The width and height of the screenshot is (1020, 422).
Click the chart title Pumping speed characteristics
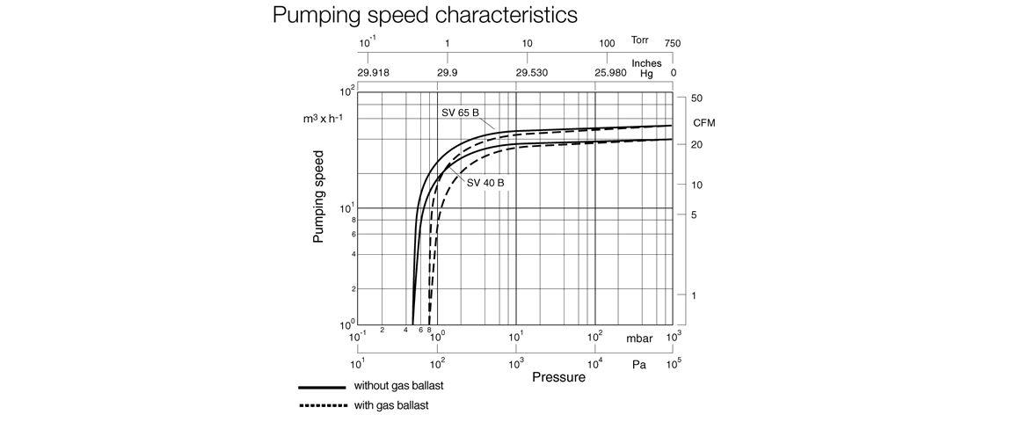click(x=425, y=15)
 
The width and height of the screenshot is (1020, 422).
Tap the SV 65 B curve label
click(x=460, y=113)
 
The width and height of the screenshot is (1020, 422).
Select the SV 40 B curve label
click(x=485, y=183)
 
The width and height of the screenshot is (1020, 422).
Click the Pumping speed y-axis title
click(x=318, y=196)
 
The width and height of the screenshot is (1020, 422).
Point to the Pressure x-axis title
click(x=558, y=377)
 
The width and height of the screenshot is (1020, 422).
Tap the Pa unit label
click(x=639, y=364)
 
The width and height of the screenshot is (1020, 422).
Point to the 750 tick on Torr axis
click(x=673, y=44)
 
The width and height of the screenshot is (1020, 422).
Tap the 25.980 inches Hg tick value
click(x=609, y=73)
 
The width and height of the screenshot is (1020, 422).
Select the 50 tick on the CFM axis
click(x=696, y=98)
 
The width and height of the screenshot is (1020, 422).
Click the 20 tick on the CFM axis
click(x=696, y=144)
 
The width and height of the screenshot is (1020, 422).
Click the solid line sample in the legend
click(x=321, y=387)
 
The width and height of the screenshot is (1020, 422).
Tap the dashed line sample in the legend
click(x=321, y=406)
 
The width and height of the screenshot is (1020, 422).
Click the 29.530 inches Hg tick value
click(x=531, y=73)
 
